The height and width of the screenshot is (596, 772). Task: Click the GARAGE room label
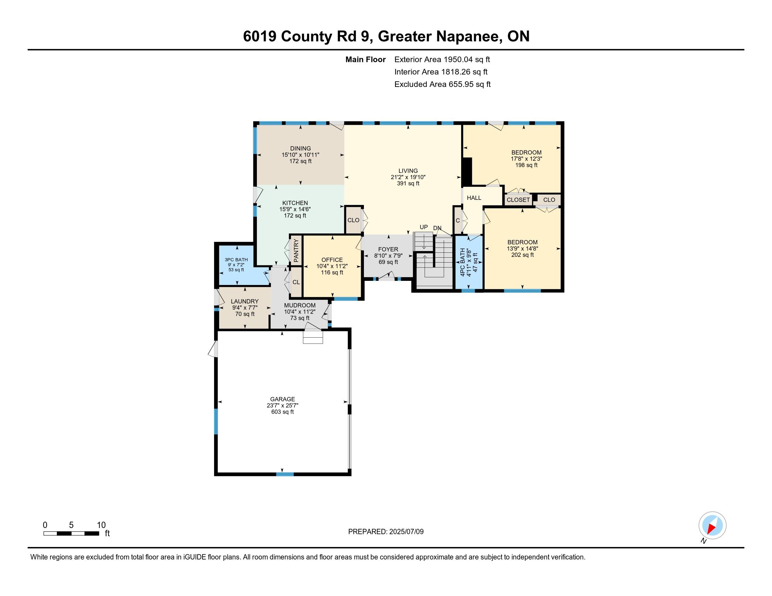pyautogui.click(x=282, y=399)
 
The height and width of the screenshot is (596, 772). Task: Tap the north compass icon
pyautogui.click(x=712, y=525)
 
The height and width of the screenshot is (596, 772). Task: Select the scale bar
pyautogui.click(x=71, y=533)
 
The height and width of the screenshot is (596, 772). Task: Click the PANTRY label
pyautogui.click(x=296, y=251)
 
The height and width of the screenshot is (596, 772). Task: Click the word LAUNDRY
pyautogui.click(x=245, y=301)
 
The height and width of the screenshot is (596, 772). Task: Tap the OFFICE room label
pyautogui.click(x=332, y=260)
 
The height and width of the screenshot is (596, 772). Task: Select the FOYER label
pyautogui.click(x=388, y=249)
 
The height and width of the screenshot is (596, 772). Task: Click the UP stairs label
pyautogui.click(x=424, y=227)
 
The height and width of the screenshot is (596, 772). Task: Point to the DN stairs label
pyautogui.click(x=437, y=228)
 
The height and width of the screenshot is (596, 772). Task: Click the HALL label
pyautogui.click(x=474, y=198)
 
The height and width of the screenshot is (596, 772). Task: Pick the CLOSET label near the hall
pyautogui.click(x=518, y=200)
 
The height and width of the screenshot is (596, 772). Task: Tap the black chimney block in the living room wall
pyautogui.click(x=467, y=172)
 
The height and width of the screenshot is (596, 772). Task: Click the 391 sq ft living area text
pyautogui.click(x=408, y=184)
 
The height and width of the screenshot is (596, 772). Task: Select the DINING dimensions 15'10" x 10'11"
pyautogui.click(x=300, y=155)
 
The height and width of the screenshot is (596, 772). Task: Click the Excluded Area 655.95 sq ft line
pyautogui.click(x=442, y=84)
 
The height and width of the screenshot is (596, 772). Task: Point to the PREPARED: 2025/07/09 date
pyautogui.click(x=386, y=532)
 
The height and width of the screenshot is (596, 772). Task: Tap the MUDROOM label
pyautogui.click(x=300, y=305)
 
